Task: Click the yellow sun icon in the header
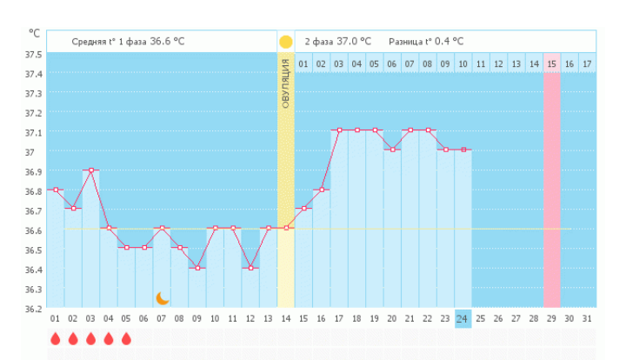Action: click(285, 41)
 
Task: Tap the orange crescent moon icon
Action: click(162, 298)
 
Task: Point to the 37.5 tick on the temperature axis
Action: click(33, 54)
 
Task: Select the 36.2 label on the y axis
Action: click(33, 309)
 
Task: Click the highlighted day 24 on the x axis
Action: click(463, 319)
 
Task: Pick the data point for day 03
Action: click(90, 170)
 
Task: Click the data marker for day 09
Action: click(197, 268)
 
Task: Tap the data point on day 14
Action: click(286, 228)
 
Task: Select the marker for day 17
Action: click(338, 130)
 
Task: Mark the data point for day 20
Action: click(391, 150)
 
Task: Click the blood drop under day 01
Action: click(55, 338)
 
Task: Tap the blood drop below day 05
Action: click(126, 338)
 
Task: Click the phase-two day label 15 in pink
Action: click(551, 63)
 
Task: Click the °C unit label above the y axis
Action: click(35, 33)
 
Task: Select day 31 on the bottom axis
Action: click(587, 319)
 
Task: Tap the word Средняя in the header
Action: click(90, 41)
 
